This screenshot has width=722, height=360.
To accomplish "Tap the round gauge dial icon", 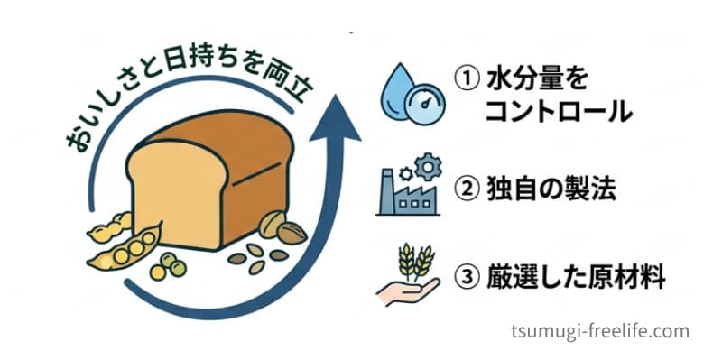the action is point(424,105).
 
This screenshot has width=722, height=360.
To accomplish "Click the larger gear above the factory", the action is point(428,167).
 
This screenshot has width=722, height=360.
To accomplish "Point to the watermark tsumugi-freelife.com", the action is point(600,331).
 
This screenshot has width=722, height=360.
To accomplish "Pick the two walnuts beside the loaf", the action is point(282,227).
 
